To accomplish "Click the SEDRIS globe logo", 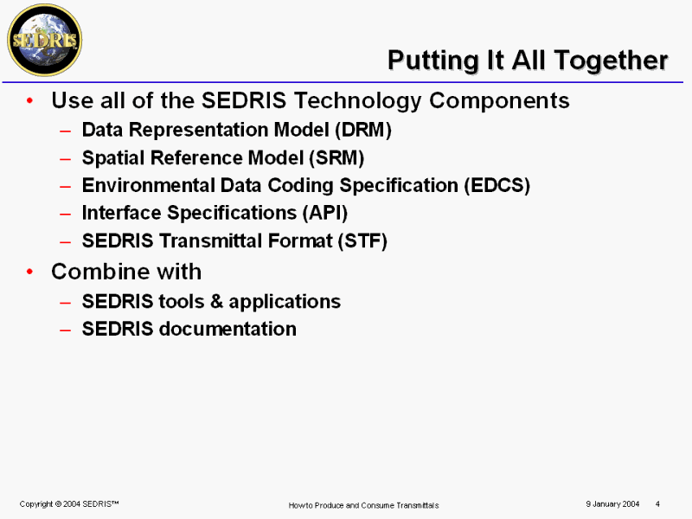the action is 45,40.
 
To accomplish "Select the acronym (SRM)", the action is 336,158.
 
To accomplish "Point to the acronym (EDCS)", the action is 497,185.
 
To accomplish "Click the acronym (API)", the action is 325,213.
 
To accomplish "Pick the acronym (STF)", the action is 362,241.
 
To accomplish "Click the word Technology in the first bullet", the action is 357,101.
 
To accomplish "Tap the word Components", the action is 499,101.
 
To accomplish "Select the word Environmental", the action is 148,185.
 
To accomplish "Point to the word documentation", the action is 227,329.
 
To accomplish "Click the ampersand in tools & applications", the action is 216,301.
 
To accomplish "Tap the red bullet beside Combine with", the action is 29,272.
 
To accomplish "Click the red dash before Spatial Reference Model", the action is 66,159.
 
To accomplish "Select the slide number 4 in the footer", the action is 657,504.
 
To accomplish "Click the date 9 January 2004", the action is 612,504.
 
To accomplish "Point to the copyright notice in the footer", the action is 69,504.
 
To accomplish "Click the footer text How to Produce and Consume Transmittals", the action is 363,505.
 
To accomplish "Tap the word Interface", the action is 121,213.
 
